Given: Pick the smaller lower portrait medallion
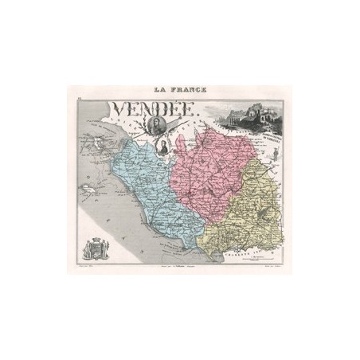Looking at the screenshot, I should pos(160,148).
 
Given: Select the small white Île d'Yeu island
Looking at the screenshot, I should pos(88,189).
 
